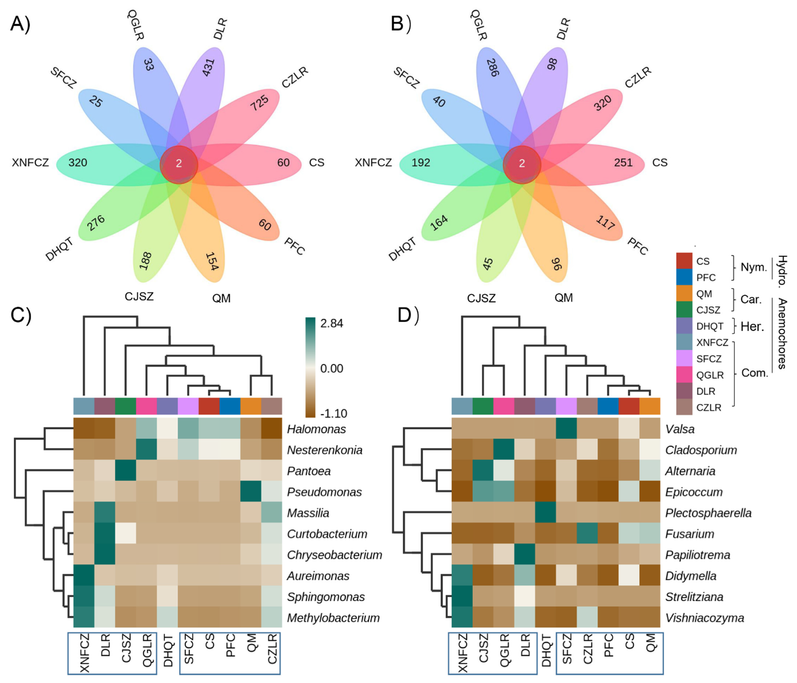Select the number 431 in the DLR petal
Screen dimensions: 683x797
[208, 67]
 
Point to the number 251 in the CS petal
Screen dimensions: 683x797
[623, 163]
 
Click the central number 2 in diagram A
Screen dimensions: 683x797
[179, 164]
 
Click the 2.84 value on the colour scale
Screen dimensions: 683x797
[332, 323]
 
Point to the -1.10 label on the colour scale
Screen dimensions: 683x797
[333, 414]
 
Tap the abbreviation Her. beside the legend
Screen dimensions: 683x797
[752, 327]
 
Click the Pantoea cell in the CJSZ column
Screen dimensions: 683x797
[125, 471]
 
